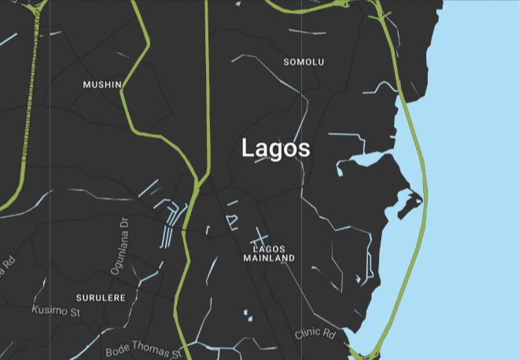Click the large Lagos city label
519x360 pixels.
pos(275,148)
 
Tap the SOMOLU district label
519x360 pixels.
pos(304,62)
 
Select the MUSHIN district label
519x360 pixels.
pos(102,84)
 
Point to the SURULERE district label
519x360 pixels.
pos(100,298)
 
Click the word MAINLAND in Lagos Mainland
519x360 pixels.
pos(269,258)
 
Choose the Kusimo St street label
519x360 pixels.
pos(56,311)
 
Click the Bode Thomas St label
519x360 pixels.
pos(143,349)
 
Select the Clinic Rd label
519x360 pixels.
pos(315,334)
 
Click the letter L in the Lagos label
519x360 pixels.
pos(248,148)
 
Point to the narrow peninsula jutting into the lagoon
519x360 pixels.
pos(407,201)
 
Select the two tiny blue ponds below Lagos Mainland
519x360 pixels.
pos(247,315)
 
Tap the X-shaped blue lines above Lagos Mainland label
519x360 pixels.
pos(258,235)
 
